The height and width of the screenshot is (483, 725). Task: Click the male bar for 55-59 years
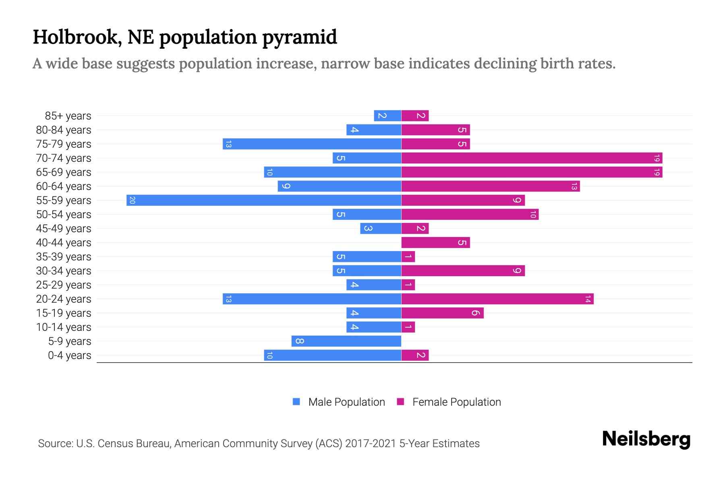[x=264, y=200]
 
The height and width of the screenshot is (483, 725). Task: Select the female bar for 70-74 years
[x=532, y=158]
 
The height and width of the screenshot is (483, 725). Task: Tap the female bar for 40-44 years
[x=435, y=242]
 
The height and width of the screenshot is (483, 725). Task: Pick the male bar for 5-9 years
[x=346, y=341]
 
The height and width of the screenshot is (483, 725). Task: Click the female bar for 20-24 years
[x=497, y=299]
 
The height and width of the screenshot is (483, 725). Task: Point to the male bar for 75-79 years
[x=312, y=144]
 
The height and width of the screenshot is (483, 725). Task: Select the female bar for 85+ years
[x=415, y=116]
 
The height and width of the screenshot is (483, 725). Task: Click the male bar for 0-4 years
[x=333, y=355]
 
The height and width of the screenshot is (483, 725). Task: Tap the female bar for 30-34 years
[x=463, y=270]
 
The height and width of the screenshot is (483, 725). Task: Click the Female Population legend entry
[x=449, y=402]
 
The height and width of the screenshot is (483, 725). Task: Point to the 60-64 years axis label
[x=64, y=186]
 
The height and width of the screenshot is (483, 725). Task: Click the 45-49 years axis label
[x=64, y=229]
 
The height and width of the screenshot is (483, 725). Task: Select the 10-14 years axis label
[x=64, y=327]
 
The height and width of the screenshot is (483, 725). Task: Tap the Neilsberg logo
[x=646, y=439]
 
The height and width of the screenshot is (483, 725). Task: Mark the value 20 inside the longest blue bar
[x=132, y=200]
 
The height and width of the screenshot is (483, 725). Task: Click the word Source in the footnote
[x=55, y=444]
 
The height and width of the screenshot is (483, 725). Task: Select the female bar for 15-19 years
[x=442, y=313]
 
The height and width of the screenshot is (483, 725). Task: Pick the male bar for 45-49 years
[x=381, y=228]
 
